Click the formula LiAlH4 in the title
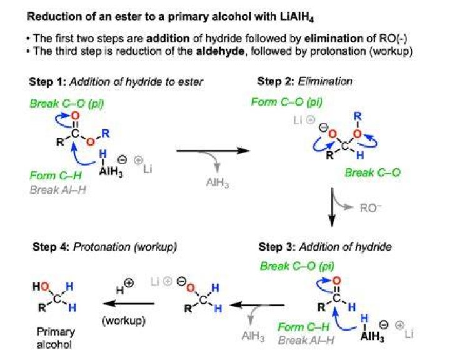(297, 17)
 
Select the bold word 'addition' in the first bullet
(168, 38)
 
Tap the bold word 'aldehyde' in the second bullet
(221, 51)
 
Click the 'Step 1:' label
(47, 82)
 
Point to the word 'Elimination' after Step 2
(325, 81)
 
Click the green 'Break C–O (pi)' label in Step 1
(67, 103)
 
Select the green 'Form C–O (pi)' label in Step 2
(287, 102)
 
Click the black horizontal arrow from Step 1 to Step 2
(212, 151)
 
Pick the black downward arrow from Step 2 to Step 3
(332, 207)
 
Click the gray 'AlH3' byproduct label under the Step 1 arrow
(217, 182)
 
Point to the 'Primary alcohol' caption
(56, 338)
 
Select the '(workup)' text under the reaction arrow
(124, 321)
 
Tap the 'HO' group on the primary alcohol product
(41, 286)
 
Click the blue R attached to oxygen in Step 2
(357, 116)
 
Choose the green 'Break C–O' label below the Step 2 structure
(372, 172)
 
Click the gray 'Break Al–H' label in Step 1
(58, 190)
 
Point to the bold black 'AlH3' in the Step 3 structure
(372, 336)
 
